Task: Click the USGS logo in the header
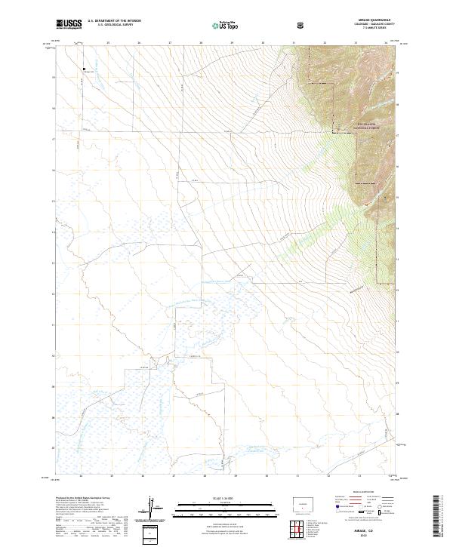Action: pos(69,25)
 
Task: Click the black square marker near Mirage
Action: pos(84,70)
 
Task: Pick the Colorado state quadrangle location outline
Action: pos(302,503)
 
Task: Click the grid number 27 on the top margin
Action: pos(171,43)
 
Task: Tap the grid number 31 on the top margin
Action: pos(294,43)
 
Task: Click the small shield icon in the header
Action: pos(301,25)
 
